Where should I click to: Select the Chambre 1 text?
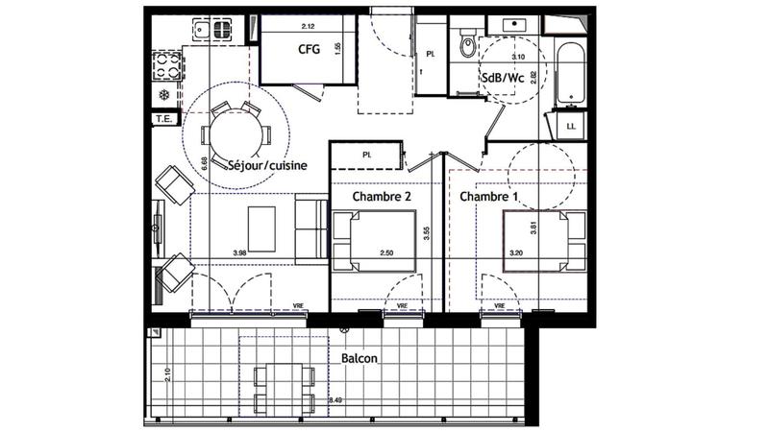coord(488,197)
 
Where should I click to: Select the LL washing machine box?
coord(570,126)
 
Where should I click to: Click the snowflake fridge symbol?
coord(163,95)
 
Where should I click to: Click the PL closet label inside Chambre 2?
coord(366,155)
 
